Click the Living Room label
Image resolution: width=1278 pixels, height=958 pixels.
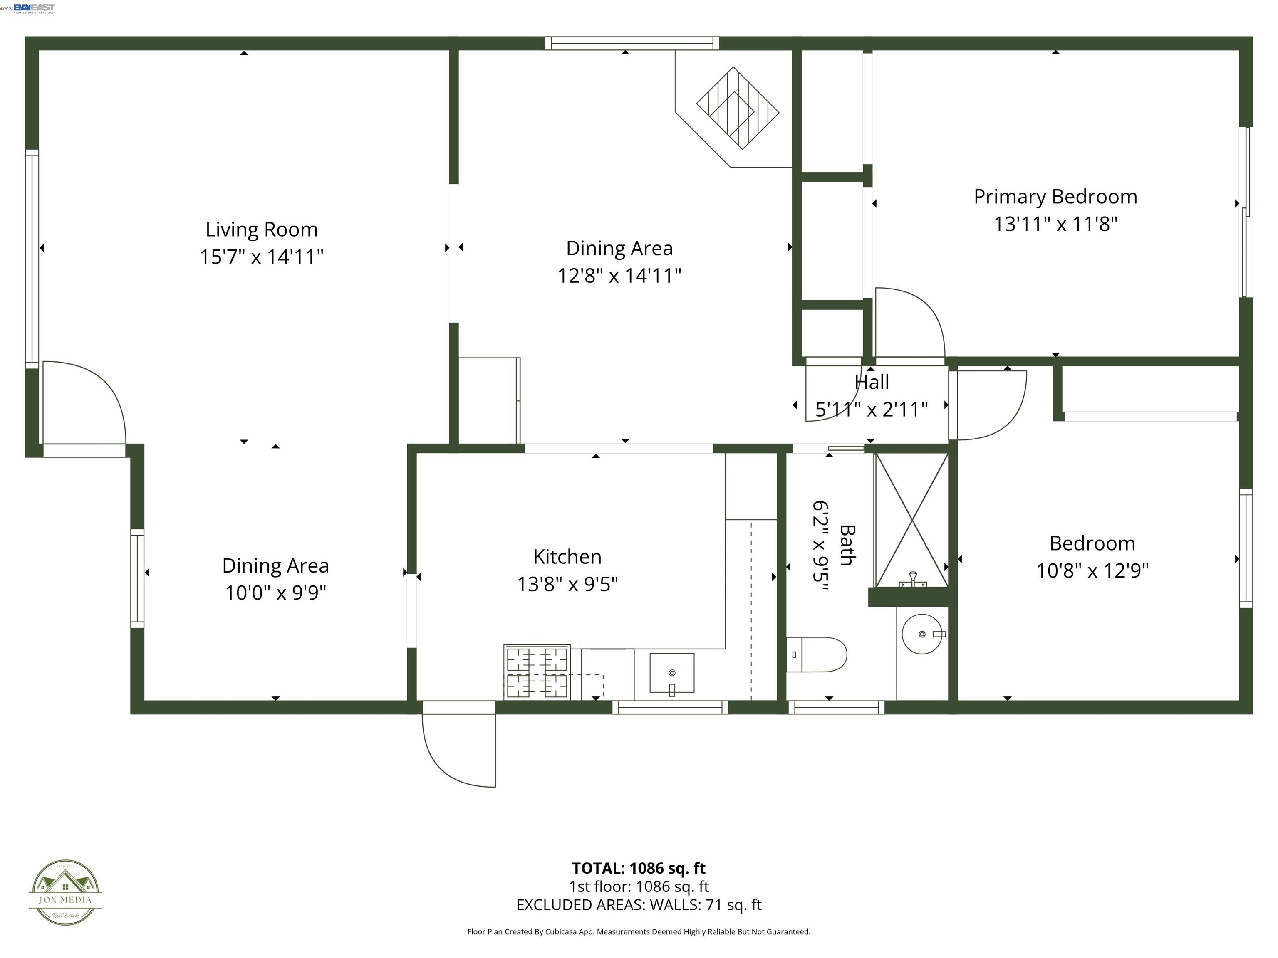click(261, 230)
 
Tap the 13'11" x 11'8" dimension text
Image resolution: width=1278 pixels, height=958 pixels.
click(1055, 224)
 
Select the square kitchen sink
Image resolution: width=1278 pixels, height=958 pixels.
click(671, 673)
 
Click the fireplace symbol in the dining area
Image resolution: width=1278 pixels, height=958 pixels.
click(737, 108)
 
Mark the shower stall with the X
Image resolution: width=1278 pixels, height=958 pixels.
click(911, 520)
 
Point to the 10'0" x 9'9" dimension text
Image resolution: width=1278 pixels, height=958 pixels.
click(275, 593)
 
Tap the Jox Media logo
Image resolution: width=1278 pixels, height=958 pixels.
click(65, 893)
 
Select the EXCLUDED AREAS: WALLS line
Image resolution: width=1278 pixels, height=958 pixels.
click(639, 905)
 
